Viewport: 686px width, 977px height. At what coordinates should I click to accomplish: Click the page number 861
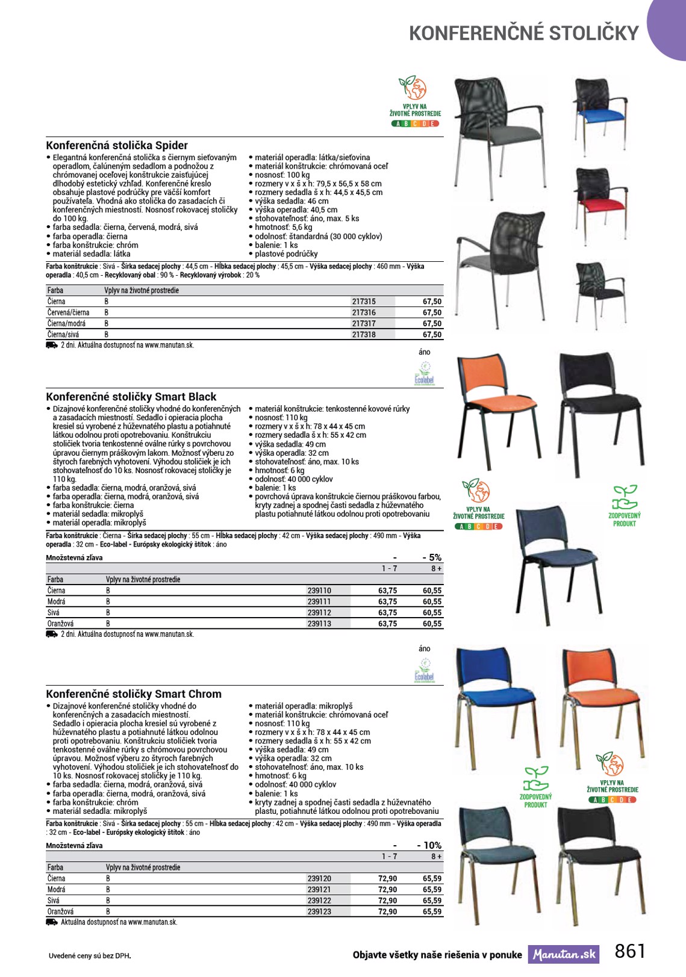[x=630, y=951]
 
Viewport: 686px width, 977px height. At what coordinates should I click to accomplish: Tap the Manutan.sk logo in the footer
[x=564, y=954]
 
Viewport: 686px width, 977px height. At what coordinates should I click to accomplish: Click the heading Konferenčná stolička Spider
[x=117, y=145]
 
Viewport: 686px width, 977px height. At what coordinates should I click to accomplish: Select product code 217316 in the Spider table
[x=364, y=312]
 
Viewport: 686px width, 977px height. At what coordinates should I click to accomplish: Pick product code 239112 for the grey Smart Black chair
[x=319, y=612]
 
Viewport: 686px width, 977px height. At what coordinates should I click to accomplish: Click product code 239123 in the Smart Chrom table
[x=319, y=911]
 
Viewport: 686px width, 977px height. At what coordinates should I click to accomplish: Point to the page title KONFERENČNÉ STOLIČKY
[x=523, y=33]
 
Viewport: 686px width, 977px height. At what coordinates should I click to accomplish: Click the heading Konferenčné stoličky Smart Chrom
[x=134, y=694]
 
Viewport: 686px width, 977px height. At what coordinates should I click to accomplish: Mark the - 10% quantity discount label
[x=429, y=845]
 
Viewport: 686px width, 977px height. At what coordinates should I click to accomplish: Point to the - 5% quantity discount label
[x=431, y=557]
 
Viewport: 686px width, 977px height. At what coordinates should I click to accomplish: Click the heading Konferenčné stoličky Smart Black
[x=131, y=397]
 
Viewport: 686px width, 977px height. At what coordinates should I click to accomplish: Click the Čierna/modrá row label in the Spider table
[x=66, y=323]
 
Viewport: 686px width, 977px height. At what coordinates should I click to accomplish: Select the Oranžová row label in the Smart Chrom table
[x=61, y=911]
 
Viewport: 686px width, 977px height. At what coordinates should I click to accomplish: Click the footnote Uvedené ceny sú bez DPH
[x=90, y=955]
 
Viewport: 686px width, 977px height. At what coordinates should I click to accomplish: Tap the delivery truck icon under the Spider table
[x=52, y=346]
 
